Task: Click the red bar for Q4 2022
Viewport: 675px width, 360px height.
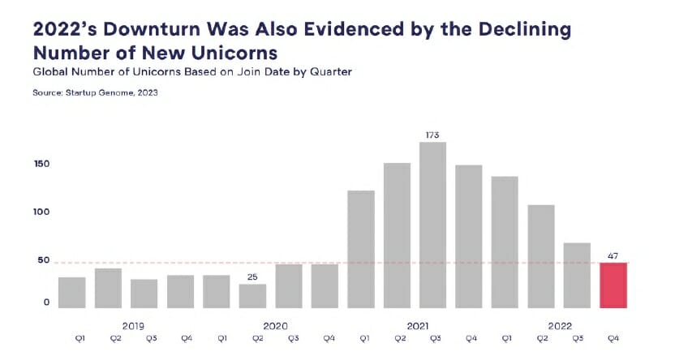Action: [613, 285]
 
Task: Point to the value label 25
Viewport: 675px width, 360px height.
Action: [252, 276]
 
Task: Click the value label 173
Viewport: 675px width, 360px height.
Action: [433, 134]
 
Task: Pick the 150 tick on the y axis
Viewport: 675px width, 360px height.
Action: [42, 164]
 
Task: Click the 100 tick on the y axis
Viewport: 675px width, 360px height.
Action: [42, 212]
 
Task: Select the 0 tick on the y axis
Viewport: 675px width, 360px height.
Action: [46, 302]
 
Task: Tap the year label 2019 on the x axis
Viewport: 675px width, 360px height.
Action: [134, 325]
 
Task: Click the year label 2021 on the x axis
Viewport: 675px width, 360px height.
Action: [418, 325]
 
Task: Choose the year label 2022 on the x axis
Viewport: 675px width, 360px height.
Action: [560, 325]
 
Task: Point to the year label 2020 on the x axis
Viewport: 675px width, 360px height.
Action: [276, 325]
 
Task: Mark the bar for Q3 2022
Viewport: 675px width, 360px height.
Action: [577, 275]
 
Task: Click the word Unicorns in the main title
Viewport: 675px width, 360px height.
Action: [236, 54]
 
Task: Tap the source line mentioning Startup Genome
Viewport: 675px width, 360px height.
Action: [95, 93]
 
